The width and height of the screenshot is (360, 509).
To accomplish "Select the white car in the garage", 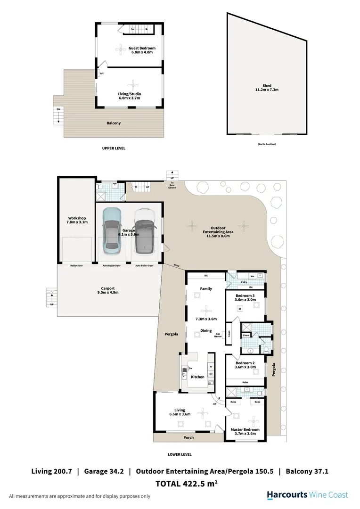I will tap(144, 231).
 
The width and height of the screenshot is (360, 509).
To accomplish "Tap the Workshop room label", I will tap(76, 220).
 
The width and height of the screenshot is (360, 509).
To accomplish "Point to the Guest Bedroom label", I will tap(142, 50).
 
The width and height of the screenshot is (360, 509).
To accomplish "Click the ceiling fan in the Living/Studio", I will tap(134, 85).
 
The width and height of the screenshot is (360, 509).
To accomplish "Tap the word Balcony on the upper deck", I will tap(114, 123).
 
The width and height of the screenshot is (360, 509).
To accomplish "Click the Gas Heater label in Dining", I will tap(218, 335).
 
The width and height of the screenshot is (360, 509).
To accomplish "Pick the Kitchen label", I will tap(197, 377).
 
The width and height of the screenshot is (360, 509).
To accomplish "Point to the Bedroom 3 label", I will tap(245, 297).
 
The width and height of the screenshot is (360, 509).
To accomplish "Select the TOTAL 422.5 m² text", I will tap(186, 483).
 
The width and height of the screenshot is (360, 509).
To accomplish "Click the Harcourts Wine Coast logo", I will tap(307, 495).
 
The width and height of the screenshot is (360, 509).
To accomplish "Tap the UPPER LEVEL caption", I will tap(114, 148).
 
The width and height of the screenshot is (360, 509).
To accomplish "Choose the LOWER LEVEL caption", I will tap(180, 454).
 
